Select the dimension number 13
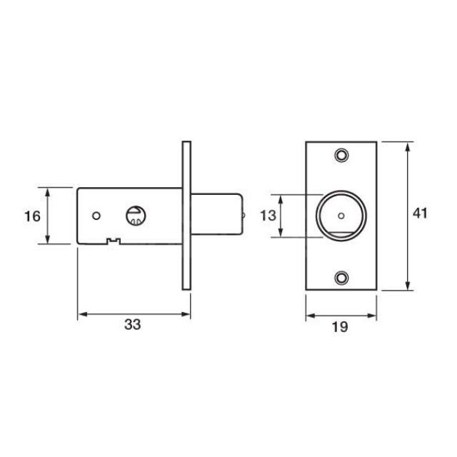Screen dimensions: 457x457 (x=267, y=216)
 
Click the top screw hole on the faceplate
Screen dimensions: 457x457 (x=343, y=154)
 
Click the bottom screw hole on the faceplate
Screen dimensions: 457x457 (x=343, y=277)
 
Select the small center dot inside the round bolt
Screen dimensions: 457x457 (x=342, y=216)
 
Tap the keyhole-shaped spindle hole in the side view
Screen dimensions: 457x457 (x=134, y=214)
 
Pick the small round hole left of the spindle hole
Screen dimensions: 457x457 (x=97, y=215)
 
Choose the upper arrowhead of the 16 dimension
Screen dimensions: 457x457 (x=49, y=191)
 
